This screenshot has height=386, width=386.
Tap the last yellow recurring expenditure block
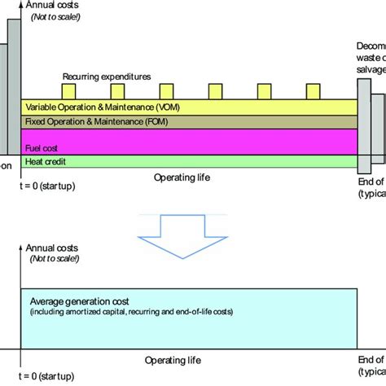point(314,91)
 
